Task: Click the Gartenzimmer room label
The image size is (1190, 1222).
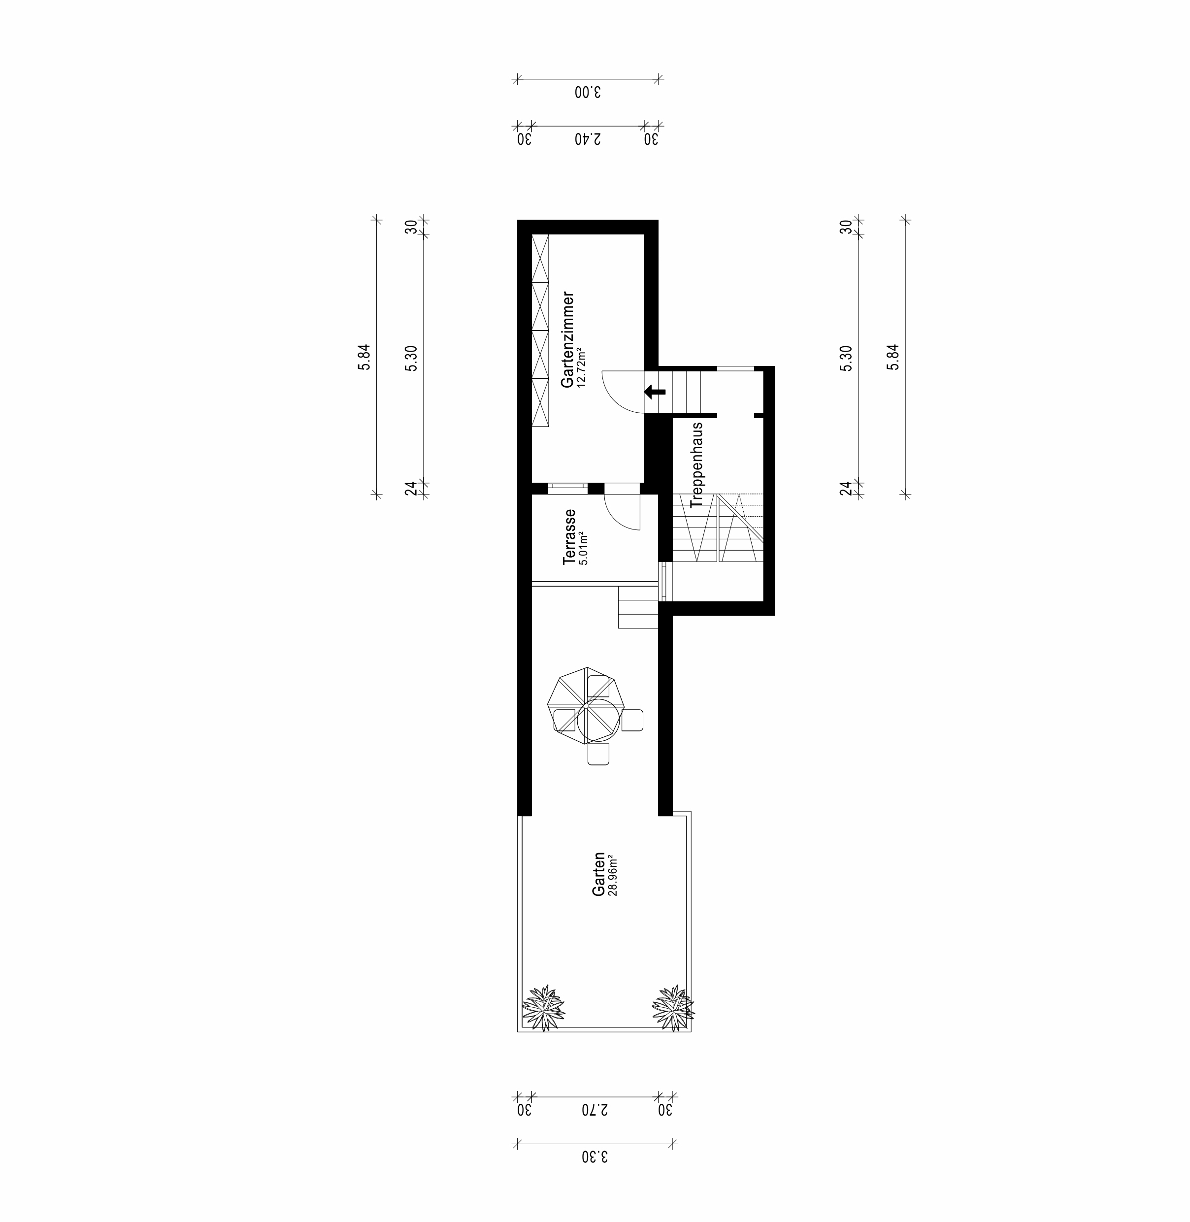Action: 567,339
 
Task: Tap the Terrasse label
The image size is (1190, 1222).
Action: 569,537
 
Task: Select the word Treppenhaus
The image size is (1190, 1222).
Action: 697,464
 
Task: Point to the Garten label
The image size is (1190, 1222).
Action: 599,874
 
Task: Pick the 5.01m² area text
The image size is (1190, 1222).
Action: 584,548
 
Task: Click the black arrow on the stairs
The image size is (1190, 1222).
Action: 655,392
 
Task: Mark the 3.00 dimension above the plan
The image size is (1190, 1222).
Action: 587,93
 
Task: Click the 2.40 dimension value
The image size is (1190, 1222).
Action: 588,139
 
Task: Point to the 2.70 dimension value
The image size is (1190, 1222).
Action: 595,1110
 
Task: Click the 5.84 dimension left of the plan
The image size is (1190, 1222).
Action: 364,357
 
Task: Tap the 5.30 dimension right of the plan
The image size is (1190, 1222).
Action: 846,358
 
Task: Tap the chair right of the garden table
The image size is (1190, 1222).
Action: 632,720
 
